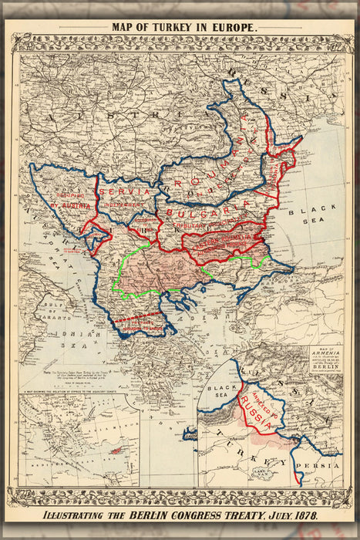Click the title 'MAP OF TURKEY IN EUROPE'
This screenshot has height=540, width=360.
click(184, 26)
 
